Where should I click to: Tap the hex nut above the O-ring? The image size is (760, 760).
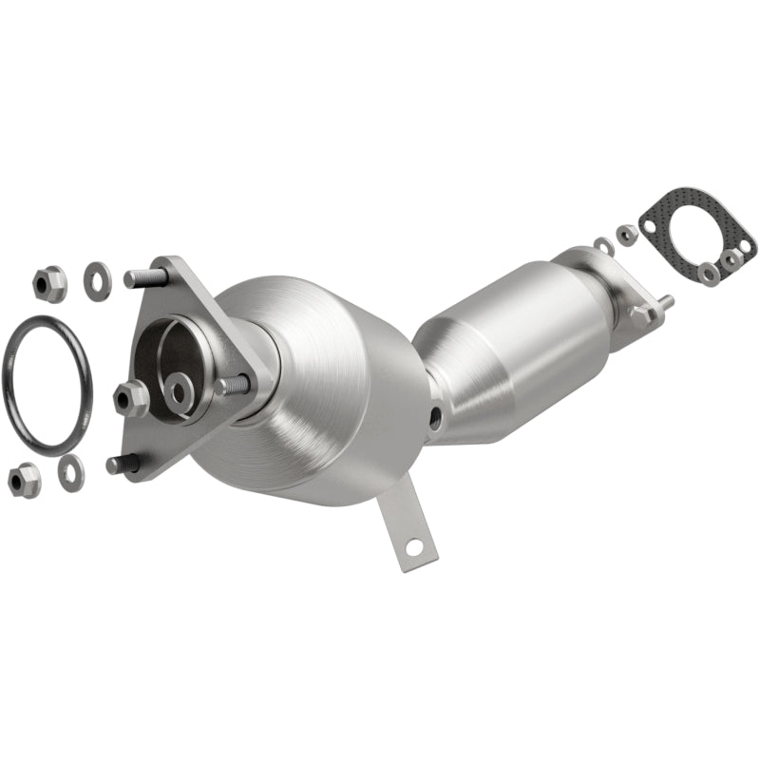48,282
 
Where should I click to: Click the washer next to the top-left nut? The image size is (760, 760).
96,276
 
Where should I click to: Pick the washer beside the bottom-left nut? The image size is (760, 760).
70,471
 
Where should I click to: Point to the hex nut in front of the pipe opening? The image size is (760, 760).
131,397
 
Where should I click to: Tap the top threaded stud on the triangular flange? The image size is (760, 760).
148,278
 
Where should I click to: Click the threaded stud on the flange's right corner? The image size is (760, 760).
236,385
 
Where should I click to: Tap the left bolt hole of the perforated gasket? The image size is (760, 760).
649,226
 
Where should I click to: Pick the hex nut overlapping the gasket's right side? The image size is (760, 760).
730,259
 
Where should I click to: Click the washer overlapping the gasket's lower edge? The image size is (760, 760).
708,273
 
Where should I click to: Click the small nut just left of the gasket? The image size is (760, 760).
626,234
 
